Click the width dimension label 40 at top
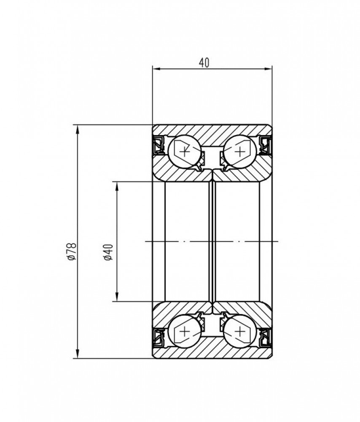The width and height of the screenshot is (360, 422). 204,62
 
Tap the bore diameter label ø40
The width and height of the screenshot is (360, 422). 108,252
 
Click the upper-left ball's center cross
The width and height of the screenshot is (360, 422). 185,151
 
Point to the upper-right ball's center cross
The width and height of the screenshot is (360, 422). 239,151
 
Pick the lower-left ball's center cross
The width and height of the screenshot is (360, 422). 185,331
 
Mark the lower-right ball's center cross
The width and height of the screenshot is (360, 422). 239,331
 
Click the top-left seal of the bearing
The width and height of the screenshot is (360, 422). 159,145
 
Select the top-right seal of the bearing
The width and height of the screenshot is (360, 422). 265,145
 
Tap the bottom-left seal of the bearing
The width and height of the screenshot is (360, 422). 159,338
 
